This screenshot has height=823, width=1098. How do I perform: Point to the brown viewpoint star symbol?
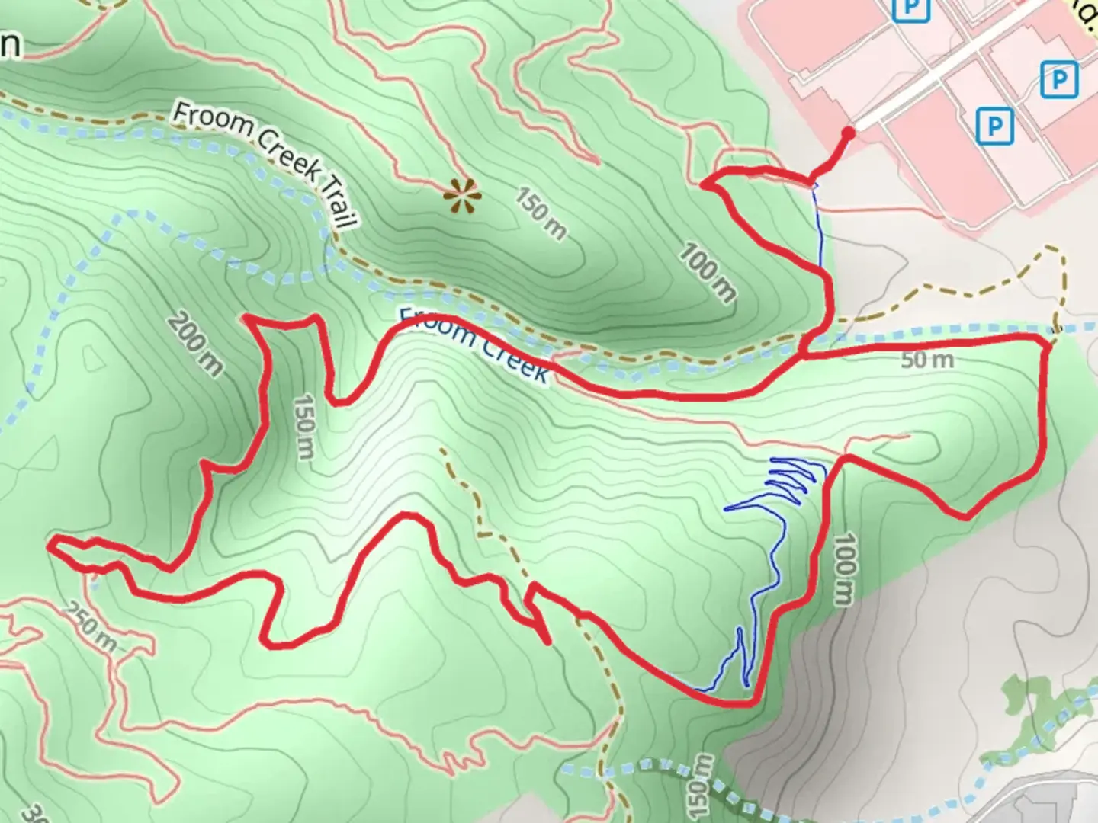tap(462, 197)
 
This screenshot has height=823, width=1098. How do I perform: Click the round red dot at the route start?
tap(847, 134)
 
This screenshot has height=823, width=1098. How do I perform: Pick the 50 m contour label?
tap(926, 360)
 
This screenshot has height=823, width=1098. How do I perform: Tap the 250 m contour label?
tap(90, 627)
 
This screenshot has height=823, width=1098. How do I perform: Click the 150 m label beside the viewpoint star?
tap(540, 213)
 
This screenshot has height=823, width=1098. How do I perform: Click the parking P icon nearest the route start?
tap(994, 124)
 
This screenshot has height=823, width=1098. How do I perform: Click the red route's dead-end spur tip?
tap(547, 642)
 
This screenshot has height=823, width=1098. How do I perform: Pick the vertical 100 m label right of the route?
tap(845, 568)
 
